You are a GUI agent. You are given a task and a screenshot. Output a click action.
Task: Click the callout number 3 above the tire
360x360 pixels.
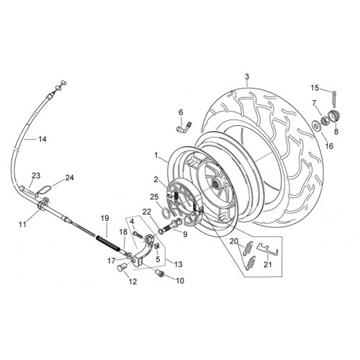(x=247, y=77)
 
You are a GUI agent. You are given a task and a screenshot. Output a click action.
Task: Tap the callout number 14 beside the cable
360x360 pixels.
(x=42, y=139)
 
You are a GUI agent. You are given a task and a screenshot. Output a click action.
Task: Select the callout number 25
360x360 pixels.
(x=154, y=197)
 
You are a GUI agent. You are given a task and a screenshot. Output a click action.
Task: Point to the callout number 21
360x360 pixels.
(x=268, y=264)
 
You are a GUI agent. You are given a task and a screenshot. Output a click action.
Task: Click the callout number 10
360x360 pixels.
(x=180, y=281)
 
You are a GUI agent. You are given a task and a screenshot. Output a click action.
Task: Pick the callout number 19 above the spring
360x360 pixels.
(x=105, y=218)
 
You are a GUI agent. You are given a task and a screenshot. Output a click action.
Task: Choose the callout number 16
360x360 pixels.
(x=330, y=145)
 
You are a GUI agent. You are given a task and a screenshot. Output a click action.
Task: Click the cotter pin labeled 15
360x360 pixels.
(x=335, y=98)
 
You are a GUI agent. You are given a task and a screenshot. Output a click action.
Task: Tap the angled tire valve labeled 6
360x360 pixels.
(x=184, y=128)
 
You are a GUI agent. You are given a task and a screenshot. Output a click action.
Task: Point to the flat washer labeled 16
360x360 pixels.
(x=315, y=125)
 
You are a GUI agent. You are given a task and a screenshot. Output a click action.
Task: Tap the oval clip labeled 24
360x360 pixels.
(x=44, y=191)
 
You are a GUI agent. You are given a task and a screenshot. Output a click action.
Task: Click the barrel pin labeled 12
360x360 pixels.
(x=122, y=267)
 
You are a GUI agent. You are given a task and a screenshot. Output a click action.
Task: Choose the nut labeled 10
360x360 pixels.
(x=160, y=273)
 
